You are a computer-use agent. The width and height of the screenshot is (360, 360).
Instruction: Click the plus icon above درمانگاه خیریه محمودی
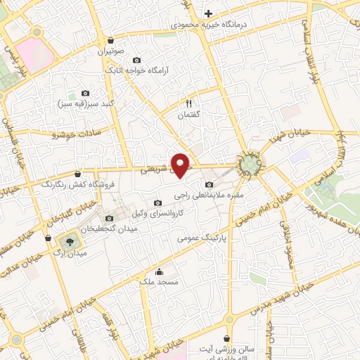point(208,13)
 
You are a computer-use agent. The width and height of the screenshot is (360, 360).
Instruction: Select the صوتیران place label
point(110,52)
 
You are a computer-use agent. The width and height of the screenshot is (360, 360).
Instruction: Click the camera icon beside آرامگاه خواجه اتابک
point(136,60)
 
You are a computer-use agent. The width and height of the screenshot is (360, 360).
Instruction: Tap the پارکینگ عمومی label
point(206,239)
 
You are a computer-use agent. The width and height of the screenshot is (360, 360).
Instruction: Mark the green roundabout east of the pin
point(249,165)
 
